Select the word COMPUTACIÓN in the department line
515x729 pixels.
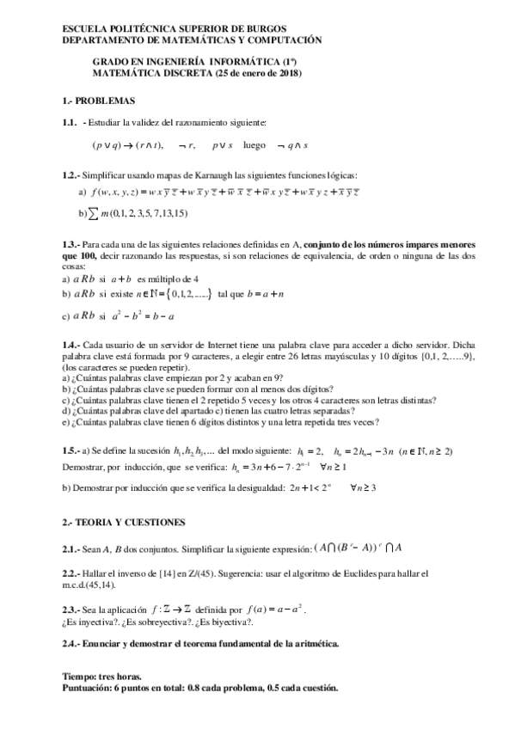(279, 40)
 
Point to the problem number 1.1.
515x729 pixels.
(70, 123)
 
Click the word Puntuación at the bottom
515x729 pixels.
(89, 688)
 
